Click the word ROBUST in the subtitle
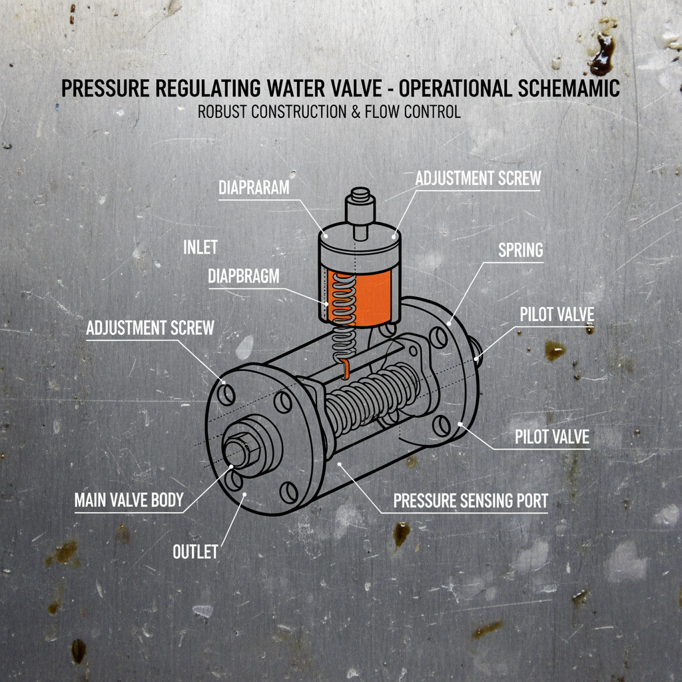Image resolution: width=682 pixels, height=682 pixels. [x=223, y=112]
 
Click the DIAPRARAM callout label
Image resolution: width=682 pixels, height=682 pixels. [x=254, y=188]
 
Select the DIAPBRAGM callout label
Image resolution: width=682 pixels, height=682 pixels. [x=244, y=275]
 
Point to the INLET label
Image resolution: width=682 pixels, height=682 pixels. [x=200, y=248]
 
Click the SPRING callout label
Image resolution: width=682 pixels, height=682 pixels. [x=521, y=250]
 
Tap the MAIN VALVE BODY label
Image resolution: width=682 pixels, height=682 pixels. [x=129, y=500]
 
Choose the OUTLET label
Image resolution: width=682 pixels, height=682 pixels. [x=195, y=552]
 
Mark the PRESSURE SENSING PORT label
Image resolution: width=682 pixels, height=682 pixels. [x=471, y=501]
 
